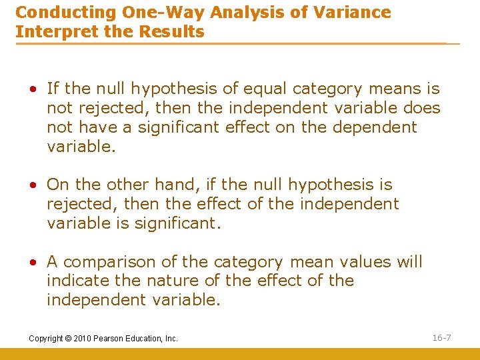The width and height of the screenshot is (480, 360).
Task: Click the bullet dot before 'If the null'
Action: [x=39, y=89]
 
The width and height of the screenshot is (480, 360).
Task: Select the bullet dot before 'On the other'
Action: [x=39, y=185]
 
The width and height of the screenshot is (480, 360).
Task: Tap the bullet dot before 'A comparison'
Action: [x=39, y=263]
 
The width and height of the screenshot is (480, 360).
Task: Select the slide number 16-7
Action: [x=441, y=338]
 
